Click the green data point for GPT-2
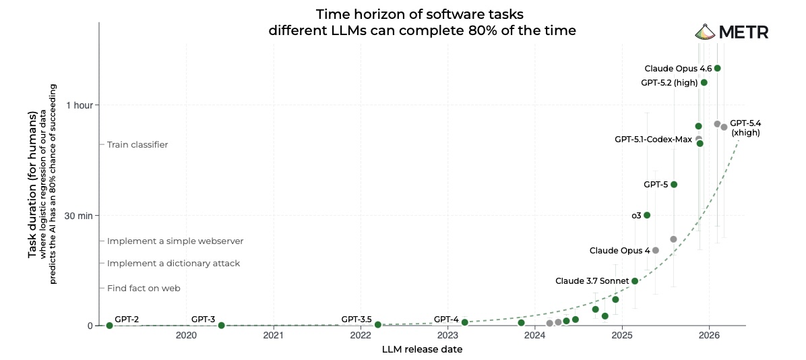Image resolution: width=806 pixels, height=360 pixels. [109, 326]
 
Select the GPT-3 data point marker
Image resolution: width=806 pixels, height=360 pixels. [221, 326]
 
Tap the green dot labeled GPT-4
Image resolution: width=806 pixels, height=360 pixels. [464, 322]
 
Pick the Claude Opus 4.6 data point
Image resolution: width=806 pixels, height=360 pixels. [717, 68]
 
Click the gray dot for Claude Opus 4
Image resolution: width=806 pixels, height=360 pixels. [655, 250]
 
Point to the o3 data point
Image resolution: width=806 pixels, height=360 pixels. [647, 215]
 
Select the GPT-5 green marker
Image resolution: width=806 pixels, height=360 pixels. [673, 184]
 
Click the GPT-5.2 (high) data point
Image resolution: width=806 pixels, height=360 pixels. [704, 82]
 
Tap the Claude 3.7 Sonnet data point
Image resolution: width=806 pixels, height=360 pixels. [634, 280]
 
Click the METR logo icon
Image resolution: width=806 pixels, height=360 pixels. [704, 32]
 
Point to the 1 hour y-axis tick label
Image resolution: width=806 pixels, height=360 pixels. [80, 105]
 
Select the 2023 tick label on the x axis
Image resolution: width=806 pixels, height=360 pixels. [447, 336]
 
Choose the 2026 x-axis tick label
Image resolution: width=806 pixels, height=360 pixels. [709, 336]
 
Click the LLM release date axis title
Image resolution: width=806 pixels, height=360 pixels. [422, 349]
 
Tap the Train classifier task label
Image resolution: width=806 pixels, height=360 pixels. [137, 144]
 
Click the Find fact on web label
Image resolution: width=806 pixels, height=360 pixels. [144, 288]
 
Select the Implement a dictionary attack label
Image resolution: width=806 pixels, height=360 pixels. [173, 263]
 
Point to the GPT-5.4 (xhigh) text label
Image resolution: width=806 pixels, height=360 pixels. [745, 128]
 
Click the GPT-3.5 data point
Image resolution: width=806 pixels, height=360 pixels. [378, 325]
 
